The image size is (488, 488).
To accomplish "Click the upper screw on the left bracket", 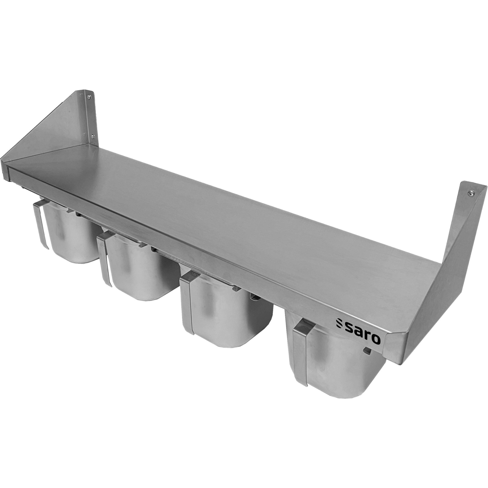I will tap(89, 96).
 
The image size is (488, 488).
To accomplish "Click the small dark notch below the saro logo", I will tap(366, 351).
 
